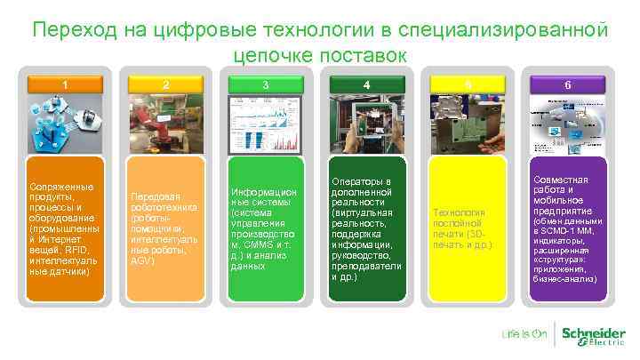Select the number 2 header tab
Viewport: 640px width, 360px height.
pos(164,85)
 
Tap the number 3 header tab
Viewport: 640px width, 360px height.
pos(265,85)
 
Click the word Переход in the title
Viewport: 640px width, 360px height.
pos(74,30)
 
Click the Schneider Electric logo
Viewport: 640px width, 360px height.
pos(593,335)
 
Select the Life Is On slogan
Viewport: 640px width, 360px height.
pos(524,335)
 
